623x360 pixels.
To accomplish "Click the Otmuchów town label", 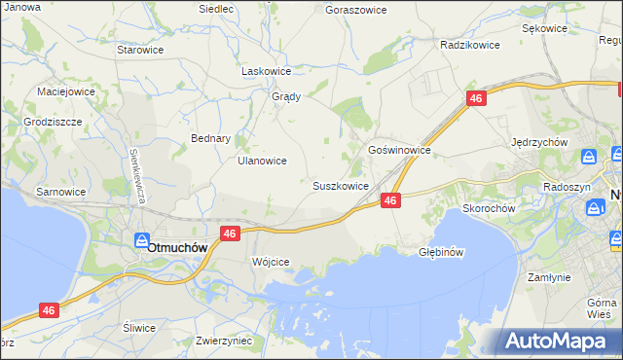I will (178, 247).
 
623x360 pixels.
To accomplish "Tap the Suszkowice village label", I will (340, 186).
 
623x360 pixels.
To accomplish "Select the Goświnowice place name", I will (399, 151).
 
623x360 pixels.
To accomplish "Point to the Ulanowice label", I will (262, 162).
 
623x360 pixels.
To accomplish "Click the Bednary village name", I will (210, 138).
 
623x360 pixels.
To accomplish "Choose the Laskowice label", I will (267, 71).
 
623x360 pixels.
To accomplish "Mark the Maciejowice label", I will (65, 91).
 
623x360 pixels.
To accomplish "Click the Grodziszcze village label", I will (54, 123).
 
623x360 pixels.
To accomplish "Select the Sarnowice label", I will (61, 192).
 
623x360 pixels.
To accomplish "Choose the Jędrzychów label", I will (539, 142).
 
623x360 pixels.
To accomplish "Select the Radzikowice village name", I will (469, 45).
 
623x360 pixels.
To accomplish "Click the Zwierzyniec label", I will (224, 342).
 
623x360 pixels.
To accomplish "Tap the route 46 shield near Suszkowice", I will (389, 200).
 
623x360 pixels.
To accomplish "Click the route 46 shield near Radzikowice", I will (476, 99).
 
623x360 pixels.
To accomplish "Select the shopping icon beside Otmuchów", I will (141, 240).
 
